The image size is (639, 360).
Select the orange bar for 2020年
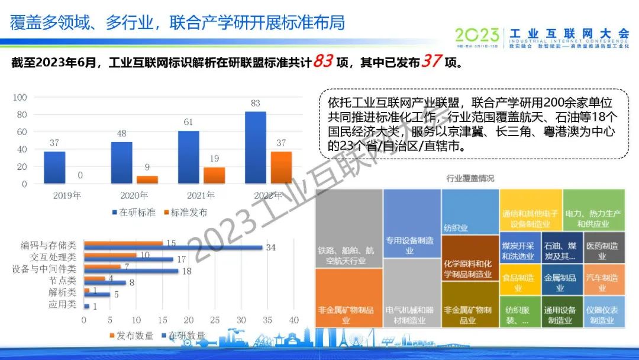[147, 179]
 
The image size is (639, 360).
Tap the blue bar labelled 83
[255, 147]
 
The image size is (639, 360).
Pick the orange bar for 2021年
[214, 175]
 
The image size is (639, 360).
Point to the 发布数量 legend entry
[131, 336]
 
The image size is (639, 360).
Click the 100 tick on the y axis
[20, 97]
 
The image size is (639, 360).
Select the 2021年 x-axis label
[201, 195]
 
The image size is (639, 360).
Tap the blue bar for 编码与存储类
[173, 247]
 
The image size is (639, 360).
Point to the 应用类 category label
[62, 304]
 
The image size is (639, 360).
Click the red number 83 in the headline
[323, 61]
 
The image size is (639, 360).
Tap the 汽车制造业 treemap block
[602, 281]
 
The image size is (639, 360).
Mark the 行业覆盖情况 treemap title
[470, 178]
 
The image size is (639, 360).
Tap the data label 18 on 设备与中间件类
[186, 271]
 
